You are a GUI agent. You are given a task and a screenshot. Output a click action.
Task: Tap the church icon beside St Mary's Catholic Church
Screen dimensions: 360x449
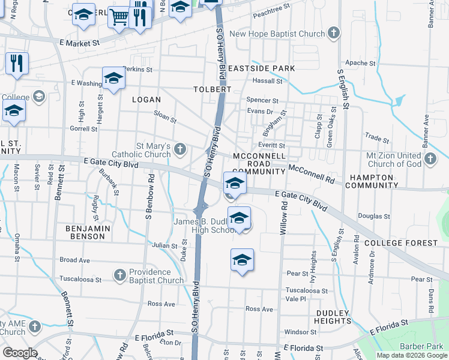pyautogui.click(x=181, y=151)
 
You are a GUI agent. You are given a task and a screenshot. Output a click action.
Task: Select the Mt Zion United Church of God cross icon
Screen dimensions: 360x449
pyautogui.click(x=430, y=159)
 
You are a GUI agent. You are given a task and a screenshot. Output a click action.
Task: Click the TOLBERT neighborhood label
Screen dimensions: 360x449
pyautogui.click(x=212, y=89)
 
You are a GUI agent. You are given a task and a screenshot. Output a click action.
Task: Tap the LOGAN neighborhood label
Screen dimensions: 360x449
pyautogui.click(x=146, y=100)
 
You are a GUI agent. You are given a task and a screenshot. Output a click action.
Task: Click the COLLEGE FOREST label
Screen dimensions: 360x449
pyautogui.click(x=400, y=243)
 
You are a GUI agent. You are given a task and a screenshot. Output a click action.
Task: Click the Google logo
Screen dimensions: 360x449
pyautogui.click(x=19, y=353)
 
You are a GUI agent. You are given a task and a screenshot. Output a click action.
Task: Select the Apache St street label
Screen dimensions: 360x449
pyautogui.click(x=360, y=63)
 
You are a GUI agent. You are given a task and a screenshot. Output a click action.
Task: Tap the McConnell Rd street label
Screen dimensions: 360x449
pyautogui.click(x=311, y=174)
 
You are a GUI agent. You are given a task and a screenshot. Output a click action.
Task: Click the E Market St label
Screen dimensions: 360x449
pyautogui.click(x=79, y=43)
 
